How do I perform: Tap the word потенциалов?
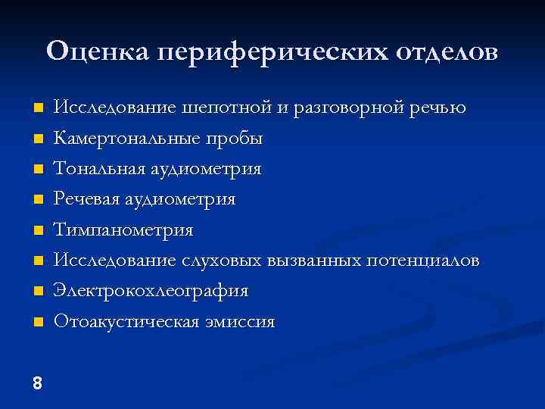422,261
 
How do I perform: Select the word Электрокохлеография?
151,291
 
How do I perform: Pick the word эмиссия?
242,321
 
